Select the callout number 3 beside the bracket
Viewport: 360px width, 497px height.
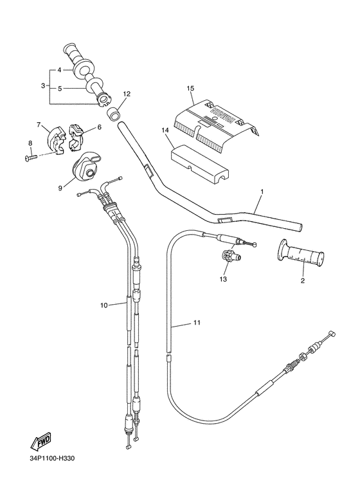pyautogui.click(x=43, y=86)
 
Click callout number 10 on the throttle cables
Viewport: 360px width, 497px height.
pyautogui.click(x=104, y=306)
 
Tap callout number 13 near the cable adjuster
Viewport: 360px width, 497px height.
pyautogui.click(x=224, y=280)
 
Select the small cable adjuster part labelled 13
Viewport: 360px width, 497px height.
pyautogui.click(x=231, y=257)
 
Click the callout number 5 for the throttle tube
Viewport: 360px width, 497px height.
pyautogui.click(x=60, y=89)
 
